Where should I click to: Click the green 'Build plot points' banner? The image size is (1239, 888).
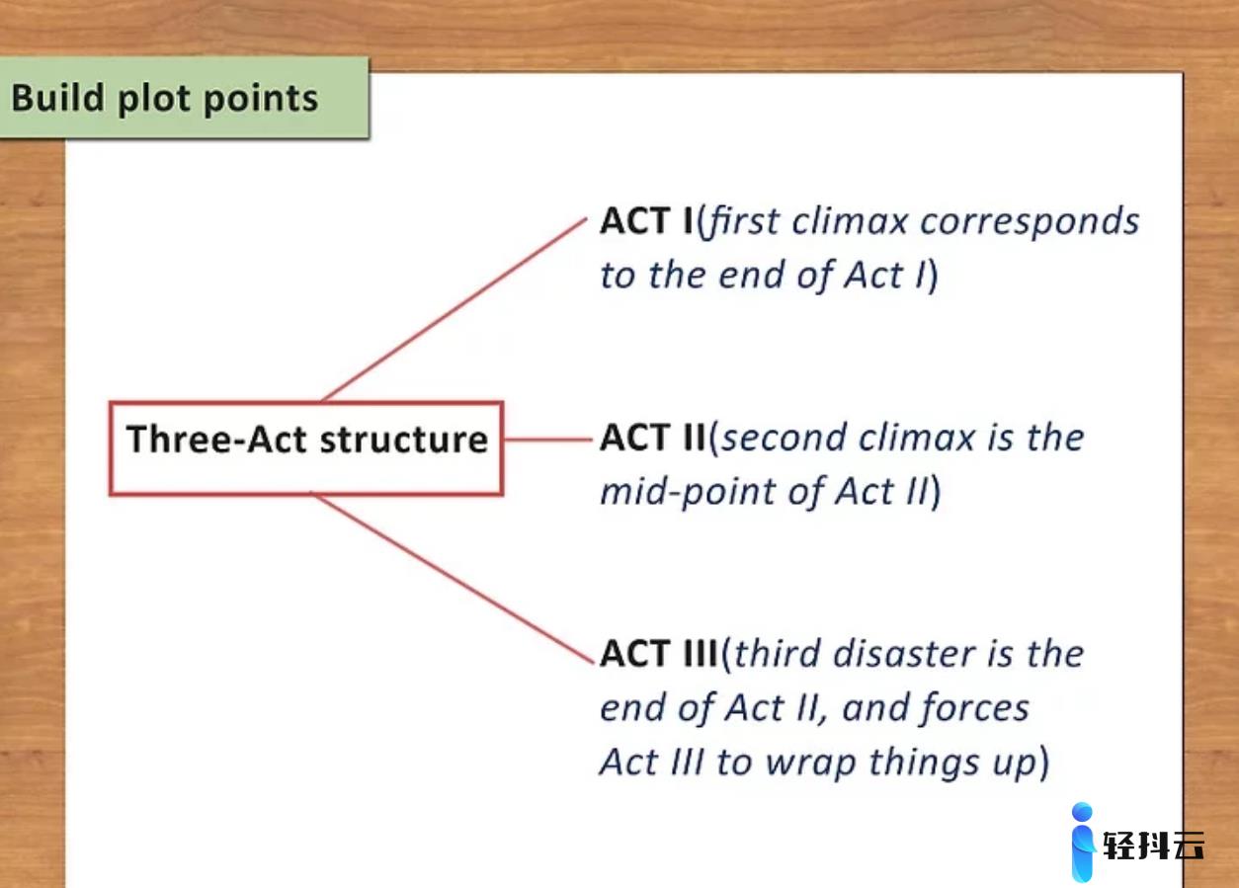(184, 98)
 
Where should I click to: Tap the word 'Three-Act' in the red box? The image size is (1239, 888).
(216, 440)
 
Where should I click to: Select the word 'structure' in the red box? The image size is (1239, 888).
(404, 441)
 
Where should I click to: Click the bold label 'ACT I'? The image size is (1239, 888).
(646, 221)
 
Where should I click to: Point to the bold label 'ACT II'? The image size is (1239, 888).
(653, 438)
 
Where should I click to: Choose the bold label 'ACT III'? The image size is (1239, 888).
(659, 654)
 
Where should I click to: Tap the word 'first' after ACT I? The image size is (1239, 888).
(743, 221)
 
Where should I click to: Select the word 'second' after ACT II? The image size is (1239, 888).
(784, 439)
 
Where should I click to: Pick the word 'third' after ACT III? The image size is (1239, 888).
(778, 654)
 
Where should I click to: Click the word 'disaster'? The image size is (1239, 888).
(904, 654)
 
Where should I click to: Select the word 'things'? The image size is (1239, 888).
(925, 764)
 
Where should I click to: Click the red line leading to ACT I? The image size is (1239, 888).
(454, 309)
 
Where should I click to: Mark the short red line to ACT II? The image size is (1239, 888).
(548, 440)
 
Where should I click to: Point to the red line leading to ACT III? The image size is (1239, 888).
(453, 578)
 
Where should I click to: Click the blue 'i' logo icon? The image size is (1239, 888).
(1083, 842)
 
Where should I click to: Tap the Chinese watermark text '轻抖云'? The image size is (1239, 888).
(1153, 846)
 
